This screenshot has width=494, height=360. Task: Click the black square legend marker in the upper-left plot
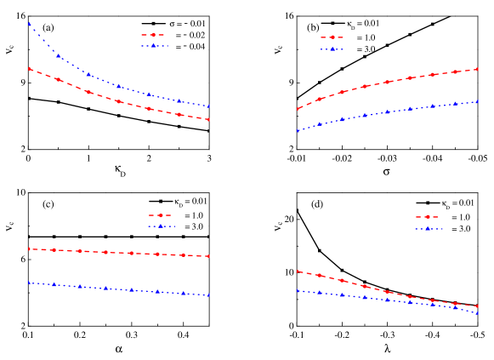coord(154,23)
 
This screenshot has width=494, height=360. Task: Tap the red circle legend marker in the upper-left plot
coord(154,34)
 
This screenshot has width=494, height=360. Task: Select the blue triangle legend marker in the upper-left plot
coord(154,45)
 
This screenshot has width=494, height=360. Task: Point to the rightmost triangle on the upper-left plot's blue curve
coord(208,106)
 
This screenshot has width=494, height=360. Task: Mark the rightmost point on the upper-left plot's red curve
coord(208,119)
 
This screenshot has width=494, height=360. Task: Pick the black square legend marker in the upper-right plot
coord(332,23)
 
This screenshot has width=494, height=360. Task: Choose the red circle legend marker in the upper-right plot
coord(332,37)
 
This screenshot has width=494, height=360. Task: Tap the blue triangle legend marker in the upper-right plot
coord(332,49)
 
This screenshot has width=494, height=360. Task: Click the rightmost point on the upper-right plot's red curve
coord(477,70)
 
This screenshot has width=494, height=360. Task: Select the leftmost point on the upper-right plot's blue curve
coord(298,131)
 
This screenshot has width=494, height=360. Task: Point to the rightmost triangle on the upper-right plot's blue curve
coord(477,102)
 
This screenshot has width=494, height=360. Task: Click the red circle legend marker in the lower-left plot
coord(160,214)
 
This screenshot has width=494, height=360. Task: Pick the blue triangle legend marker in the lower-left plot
coord(160,226)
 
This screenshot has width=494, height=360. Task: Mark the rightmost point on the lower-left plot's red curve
coord(208,256)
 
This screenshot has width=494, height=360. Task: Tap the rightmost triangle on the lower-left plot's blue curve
coord(208,295)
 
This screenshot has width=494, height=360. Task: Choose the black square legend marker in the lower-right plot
coord(427,203)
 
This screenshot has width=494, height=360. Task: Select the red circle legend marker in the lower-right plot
coord(427,216)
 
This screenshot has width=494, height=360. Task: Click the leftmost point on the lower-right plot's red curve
coord(298,271)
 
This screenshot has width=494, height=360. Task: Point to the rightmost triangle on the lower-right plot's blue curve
coord(477,312)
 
